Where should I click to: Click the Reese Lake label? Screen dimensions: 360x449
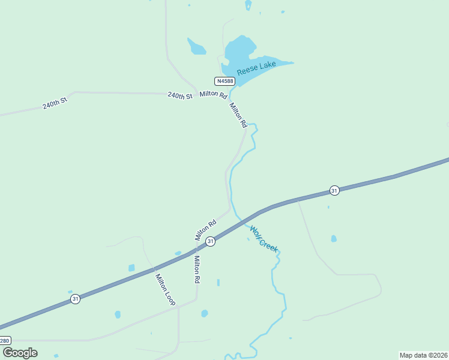(256, 67)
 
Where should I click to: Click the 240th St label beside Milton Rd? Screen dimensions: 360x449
(180, 95)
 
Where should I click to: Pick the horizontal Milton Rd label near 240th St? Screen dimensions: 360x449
(213, 95)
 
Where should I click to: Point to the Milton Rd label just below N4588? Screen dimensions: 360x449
(238, 115)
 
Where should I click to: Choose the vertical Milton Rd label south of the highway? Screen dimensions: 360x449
(196, 269)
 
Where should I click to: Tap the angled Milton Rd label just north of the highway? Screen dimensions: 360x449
(205, 230)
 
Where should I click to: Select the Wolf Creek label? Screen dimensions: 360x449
(264, 239)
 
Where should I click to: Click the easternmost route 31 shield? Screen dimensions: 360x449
(334, 190)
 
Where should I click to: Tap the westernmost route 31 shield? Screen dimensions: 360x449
(75, 298)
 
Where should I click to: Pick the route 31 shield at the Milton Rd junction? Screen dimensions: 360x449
(210, 241)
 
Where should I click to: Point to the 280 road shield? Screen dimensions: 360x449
(5, 340)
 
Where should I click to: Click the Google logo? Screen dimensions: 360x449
(20, 353)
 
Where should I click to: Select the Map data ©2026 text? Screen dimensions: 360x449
(424, 355)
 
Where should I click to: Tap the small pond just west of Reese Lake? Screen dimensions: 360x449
(196, 46)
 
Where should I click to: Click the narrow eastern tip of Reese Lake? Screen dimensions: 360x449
(289, 62)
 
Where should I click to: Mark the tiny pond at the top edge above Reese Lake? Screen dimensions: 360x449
(248, 5)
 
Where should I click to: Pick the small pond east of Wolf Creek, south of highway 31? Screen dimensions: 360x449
(334, 238)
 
